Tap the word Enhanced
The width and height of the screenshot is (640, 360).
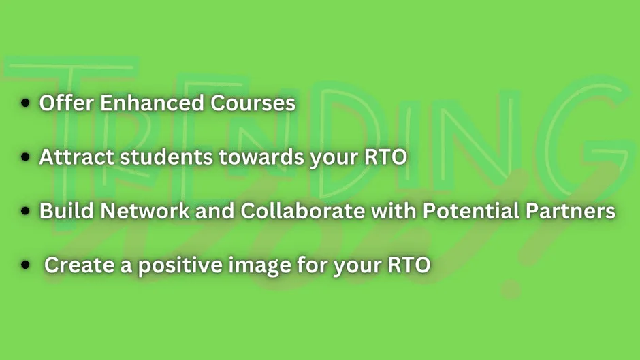[152, 103]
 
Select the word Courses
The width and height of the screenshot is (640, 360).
[253, 103]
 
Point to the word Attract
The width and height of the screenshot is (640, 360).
[76, 157]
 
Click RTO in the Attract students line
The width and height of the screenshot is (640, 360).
[386, 157]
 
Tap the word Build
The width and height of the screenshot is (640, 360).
[67, 211]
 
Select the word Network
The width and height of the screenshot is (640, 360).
[145, 211]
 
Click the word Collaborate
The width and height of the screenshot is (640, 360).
[302, 211]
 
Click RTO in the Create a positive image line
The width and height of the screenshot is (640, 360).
[409, 265]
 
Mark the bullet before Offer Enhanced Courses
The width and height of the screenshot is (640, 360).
[25, 103]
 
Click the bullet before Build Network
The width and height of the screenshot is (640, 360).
[25, 211]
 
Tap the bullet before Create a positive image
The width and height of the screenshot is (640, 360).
[25, 265]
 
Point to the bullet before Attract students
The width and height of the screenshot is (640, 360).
[25, 157]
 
